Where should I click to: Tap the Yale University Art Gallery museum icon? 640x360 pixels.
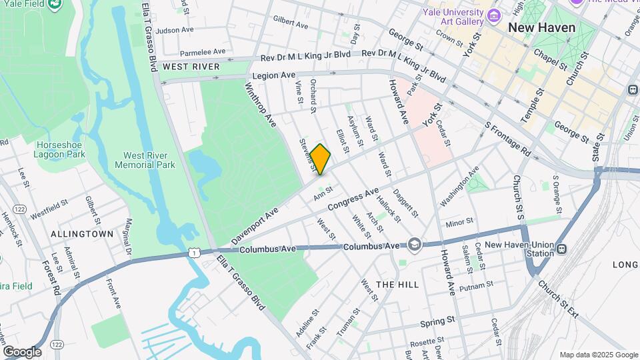[x=494, y=15]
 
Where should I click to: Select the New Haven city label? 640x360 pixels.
[x=537, y=28]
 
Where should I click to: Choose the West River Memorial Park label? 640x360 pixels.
[x=145, y=159]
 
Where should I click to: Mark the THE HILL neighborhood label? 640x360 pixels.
[x=398, y=285]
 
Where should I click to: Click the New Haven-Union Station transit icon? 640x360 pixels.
[x=562, y=249]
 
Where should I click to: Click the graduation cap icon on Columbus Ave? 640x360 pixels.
[x=415, y=245]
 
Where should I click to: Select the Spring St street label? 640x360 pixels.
[x=437, y=321]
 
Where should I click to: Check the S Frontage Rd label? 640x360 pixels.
[x=507, y=139]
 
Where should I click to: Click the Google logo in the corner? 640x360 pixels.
[x=22, y=351]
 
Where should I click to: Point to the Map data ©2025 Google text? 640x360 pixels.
[x=598, y=355]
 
